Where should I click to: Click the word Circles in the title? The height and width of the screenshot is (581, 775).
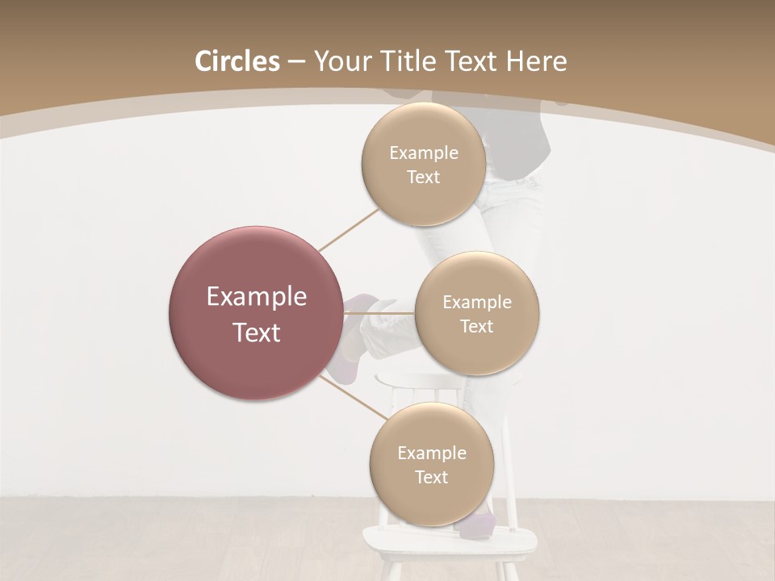pos(237,61)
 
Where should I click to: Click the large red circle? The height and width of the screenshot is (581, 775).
pos(255,313)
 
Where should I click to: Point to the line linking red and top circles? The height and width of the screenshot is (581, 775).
pos(349,228)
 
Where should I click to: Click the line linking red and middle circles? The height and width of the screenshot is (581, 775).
pos(379,313)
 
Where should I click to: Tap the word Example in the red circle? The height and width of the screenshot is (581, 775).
pos(257,297)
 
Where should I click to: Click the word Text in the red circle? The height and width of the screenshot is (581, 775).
pos(257,332)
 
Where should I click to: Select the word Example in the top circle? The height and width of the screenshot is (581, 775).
pos(423,153)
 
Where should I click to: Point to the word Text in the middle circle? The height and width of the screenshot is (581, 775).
pos(477,327)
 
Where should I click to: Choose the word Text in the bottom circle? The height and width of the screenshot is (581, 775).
pos(431,478)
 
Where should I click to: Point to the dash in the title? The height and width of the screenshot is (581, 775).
pos(296,62)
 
